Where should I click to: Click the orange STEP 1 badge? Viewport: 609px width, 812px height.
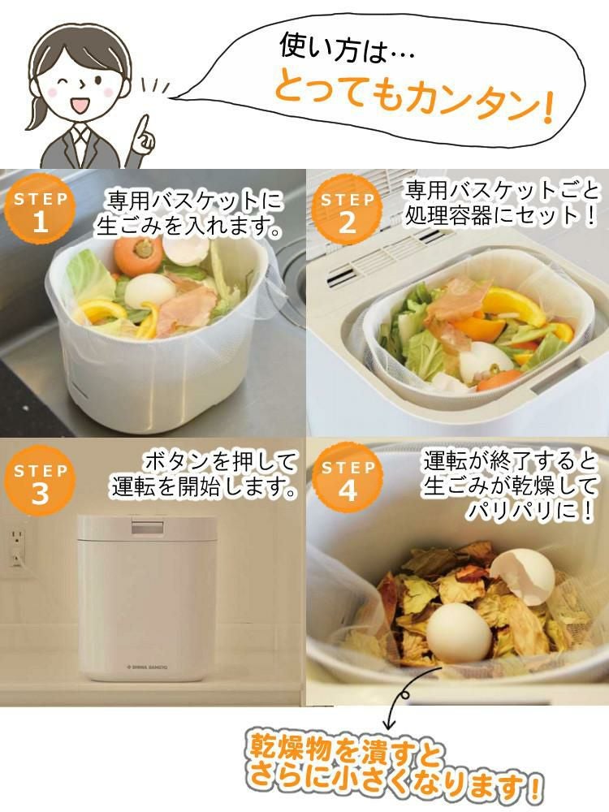pos(40,213)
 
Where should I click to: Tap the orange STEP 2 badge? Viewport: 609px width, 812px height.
pos(348,213)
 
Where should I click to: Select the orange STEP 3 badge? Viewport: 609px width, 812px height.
pos(40,483)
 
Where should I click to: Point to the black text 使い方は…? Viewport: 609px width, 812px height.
pos(346,46)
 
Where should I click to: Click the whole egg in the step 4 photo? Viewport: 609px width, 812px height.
pos(459,634)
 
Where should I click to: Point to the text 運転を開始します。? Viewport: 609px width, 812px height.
pos(204,487)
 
